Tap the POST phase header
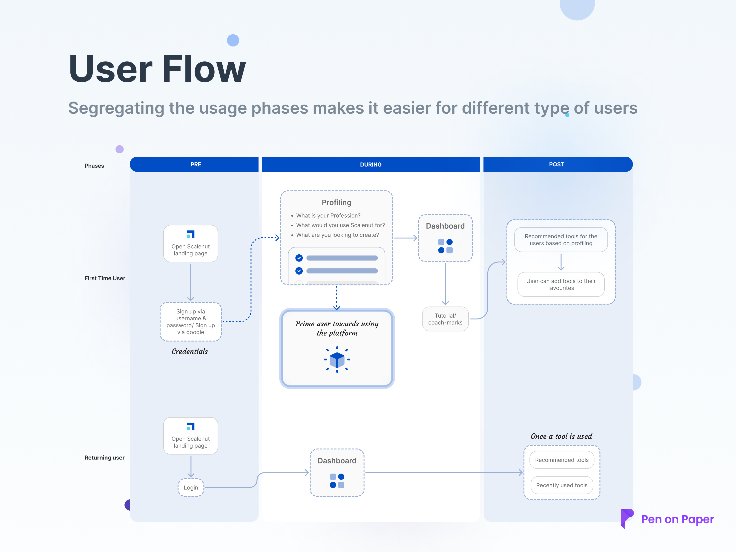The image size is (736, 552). click(x=556, y=164)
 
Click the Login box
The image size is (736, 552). click(x=191, y=487)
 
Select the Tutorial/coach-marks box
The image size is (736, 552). click(x=445, y=319)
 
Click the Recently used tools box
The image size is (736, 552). click(x=561, y=485)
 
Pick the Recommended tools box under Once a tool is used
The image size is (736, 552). click(x=561, y=460)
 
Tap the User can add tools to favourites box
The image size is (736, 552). click(x=561, y=285)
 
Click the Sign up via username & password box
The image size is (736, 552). click(x=191, y=322)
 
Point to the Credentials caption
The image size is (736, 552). click(x=190, y=351)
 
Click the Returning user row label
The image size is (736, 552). click(x=104, y=457)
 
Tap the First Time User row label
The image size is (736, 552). click(x=105, y=278)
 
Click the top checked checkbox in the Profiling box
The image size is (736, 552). click(x=299, y=258)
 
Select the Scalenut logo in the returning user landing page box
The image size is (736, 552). click(x=191, y=426)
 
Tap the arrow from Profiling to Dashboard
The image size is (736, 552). click(x=405, y=238)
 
